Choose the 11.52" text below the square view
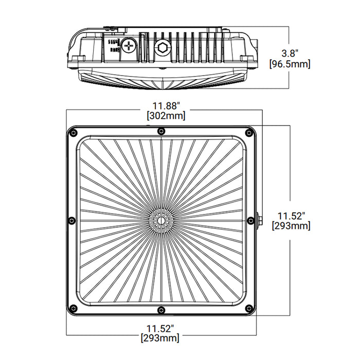point(161,328)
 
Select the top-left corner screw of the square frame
point(74,133)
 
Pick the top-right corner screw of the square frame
point(250,133)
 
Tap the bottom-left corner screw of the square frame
point(74,309)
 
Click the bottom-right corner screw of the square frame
point(250,309)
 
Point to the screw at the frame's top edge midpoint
point(162,130)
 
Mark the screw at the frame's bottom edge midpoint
point(162,310)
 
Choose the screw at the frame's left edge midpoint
point(71,221)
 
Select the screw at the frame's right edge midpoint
point(251,221)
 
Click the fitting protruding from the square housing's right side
point(259,221)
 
